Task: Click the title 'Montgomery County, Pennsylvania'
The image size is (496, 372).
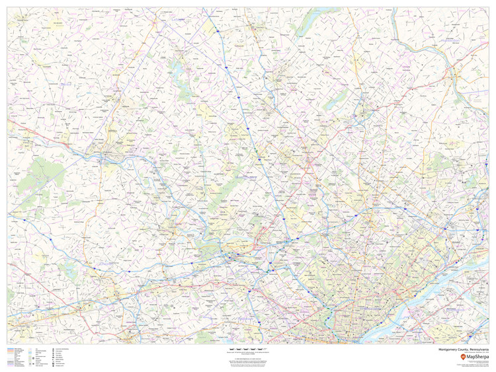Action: pyautogui.click(x=464, y=350)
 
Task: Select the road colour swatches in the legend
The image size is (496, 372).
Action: pyautogui.click(x=10, y=357)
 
